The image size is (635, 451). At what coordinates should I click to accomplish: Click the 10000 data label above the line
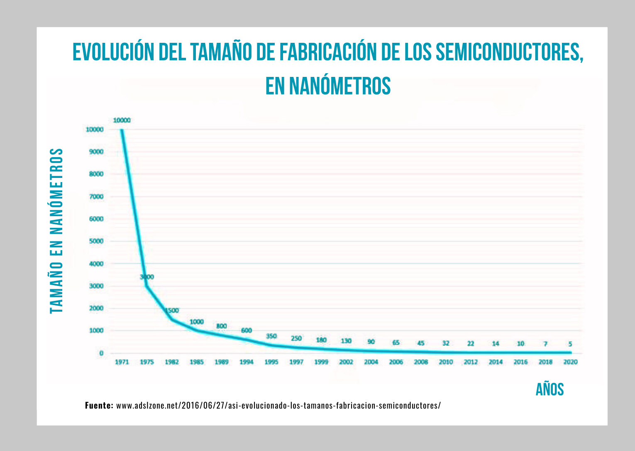tap(122, 120)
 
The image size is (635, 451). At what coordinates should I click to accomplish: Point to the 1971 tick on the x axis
tap(122, 362)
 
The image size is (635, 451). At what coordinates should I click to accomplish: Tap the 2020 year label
tap(570, 362)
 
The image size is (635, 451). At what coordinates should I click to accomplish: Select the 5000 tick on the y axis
tap(96, 241)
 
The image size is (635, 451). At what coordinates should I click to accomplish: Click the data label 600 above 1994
tap(247, 330)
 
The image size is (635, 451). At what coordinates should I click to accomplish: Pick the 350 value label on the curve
tap(271, 336)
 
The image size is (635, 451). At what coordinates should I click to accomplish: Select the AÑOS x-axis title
tap(550, 389)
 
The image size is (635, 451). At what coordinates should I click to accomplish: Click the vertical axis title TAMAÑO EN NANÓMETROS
tap(56, 231)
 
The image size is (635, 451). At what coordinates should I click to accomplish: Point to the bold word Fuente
tap(99, 405)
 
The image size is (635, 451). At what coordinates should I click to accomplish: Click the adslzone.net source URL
tap(278, 405)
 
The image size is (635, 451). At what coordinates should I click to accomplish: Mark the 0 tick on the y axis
tap(101, 353)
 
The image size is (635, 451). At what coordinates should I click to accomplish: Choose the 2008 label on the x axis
tap(421, 362)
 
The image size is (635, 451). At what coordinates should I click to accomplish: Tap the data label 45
tap(421, 343)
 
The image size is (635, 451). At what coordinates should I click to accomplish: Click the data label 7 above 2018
tap(545, 344)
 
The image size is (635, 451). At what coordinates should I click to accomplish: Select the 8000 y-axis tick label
tap(96, 174)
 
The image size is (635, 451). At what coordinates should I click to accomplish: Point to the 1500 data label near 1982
tap(172, 311)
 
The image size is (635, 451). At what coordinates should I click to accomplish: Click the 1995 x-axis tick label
tap(271, 362)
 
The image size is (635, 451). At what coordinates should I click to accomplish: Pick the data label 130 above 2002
tap(346, 341)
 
